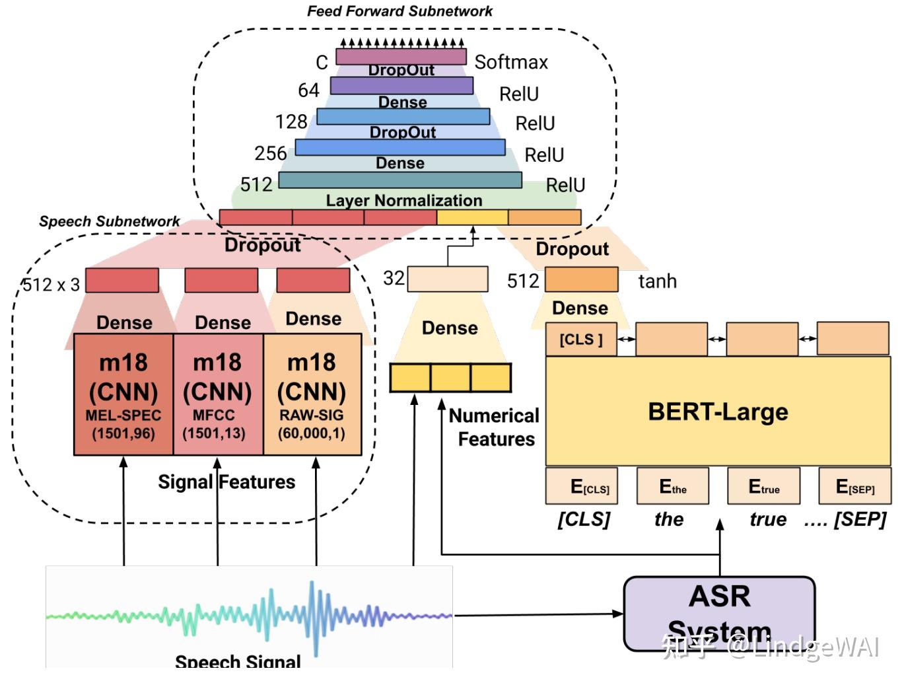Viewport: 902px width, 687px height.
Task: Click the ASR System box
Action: pos(719,612)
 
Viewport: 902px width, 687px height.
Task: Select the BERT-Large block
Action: pos(718,412)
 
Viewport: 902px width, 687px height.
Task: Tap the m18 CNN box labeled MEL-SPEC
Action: pos(123,394)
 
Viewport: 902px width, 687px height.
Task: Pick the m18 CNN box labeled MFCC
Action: pos(218,394)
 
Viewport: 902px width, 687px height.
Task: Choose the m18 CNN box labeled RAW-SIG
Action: pos(312,394)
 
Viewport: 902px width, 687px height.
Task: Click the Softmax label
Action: pos(511,62)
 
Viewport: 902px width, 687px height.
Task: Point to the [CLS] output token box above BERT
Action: pos(581,340)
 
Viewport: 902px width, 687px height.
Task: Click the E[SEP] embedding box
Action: pos(854,486)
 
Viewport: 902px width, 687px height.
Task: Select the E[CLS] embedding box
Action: pos(582,486)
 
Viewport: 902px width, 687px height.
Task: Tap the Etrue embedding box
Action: pos(763,486)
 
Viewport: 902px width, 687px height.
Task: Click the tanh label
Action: pos(657,281)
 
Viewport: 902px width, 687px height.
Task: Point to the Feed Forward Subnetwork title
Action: pos(399,11)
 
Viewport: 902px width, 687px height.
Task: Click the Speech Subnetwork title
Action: pos(109,221)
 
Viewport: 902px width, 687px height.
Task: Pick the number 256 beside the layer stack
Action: pos(270,153)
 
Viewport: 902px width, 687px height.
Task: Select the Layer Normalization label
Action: pos(403,200)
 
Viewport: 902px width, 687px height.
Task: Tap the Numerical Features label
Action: pos(495,427)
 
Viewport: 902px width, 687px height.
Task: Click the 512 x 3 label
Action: pos(51,285)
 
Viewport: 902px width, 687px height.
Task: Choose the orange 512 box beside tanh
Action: pos(581,279)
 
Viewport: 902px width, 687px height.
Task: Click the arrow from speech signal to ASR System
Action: pos(538,614)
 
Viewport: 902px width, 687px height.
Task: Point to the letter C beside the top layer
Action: pos(322,63)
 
